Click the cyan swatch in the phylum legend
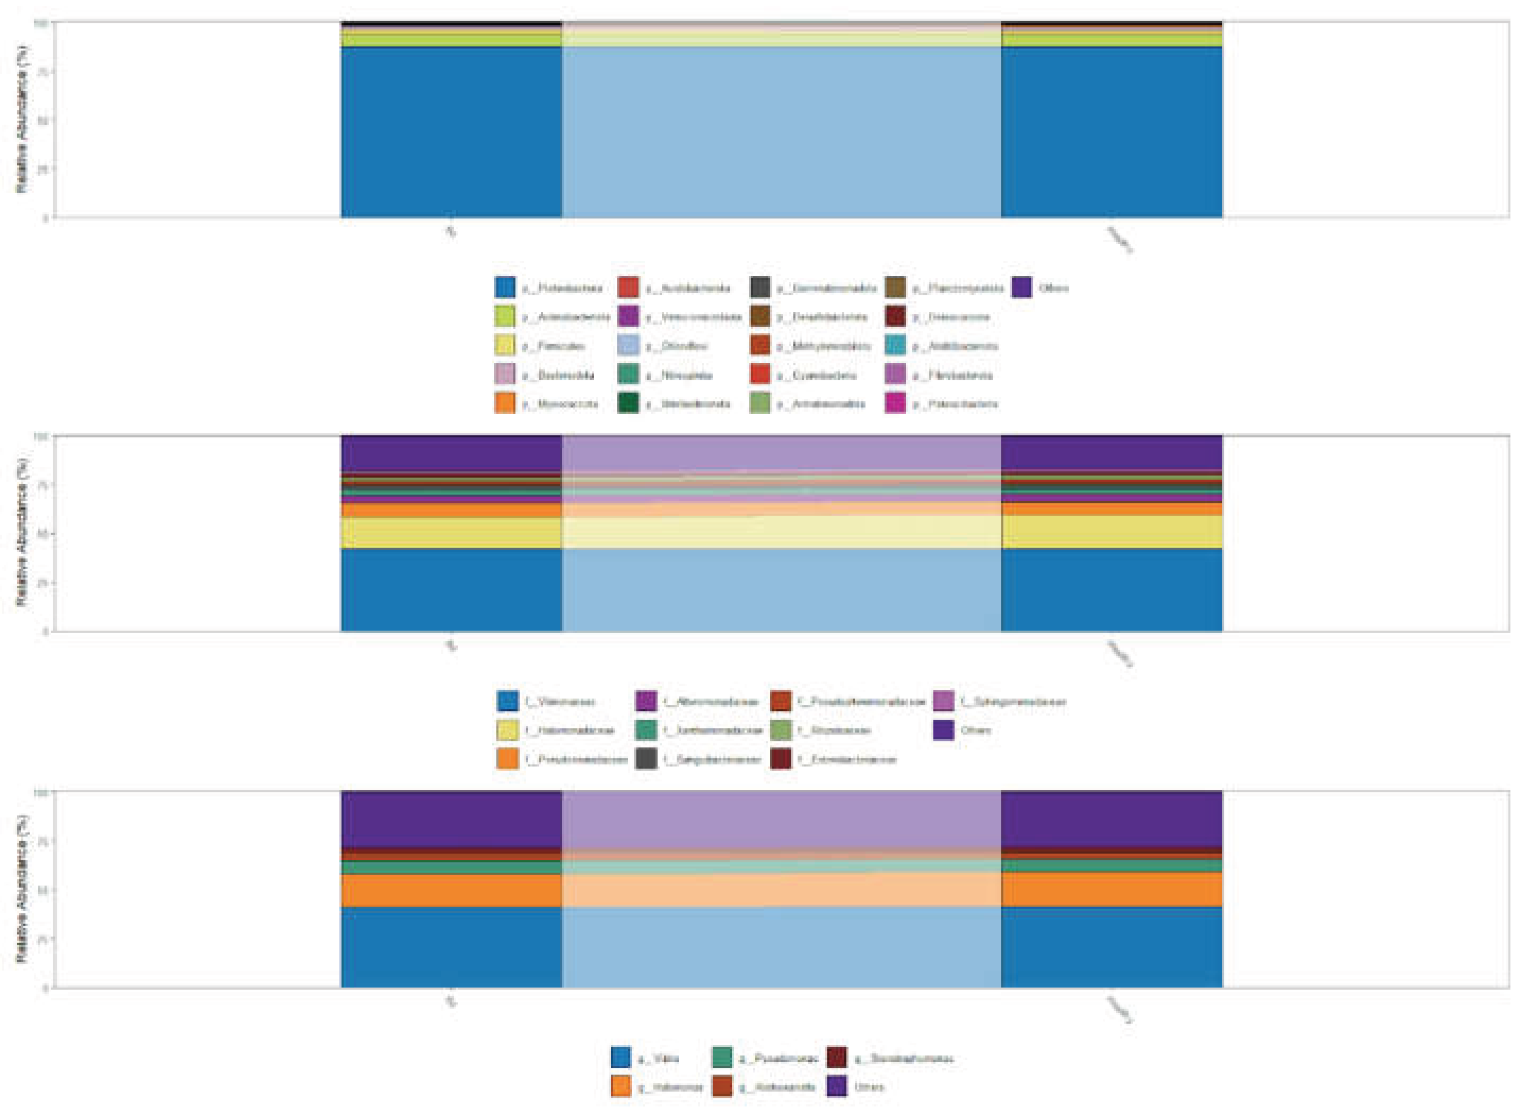895,346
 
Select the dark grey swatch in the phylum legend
759,287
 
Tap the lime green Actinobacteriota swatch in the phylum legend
505,317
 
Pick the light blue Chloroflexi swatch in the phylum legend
628,346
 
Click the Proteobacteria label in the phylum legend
562,289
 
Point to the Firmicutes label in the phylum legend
554,346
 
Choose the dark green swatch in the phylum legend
628,404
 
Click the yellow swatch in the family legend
508,730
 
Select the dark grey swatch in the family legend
646,759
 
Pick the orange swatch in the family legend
508,759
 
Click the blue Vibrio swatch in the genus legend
621,1058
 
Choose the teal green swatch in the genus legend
722,1058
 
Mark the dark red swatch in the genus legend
837,1058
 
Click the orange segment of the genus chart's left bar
451,891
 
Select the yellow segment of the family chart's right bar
1111,531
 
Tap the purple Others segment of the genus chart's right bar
1111,818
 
